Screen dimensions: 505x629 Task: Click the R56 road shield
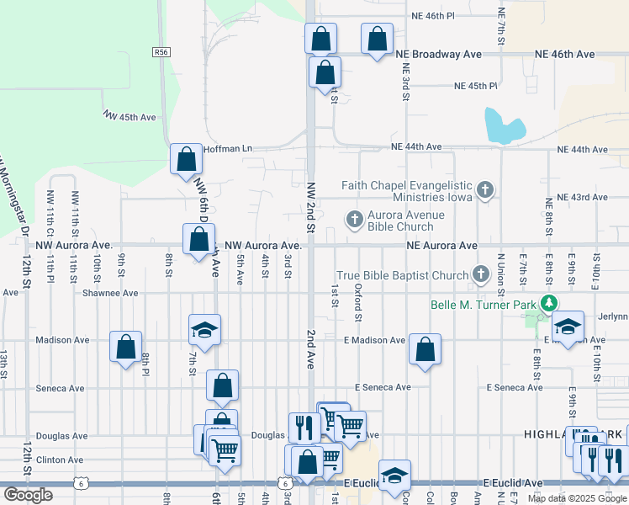pyautogui.click(x=161, y=51)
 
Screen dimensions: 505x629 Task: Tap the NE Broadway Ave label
pyautogui.click(x=438, y=54)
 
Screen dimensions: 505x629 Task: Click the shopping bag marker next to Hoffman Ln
pyautogui.click(x=186, y=158)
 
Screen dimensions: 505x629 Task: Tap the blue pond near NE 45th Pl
pyautogui.click(x=504, y=126)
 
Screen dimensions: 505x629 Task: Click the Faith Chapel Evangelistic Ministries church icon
pyautogui.click(x=484, y=191)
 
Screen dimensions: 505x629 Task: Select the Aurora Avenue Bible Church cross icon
pyautogui.click(x=355, y=221)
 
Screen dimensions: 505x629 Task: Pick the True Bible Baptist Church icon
pyautogui.click(x=480, y=274)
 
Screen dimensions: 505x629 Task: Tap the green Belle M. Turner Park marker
pyautogui.click(x=549, y=304)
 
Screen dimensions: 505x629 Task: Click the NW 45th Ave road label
pyautogui.click(x=129, y=116)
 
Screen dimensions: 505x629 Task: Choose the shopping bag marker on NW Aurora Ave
pyautogui.click(x=198, y=240)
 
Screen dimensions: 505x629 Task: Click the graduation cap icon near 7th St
pyautogui.click(x=203, y=332)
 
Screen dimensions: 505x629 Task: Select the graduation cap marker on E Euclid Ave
pyautogui.click(x=394, y=476)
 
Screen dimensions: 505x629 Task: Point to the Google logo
pyautogui.click(x=28, y=495)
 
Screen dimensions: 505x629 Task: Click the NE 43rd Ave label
pyautogui.click(x=588, y=197)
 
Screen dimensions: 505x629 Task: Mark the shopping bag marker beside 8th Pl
pyautogui.click(x=126, y=347)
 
